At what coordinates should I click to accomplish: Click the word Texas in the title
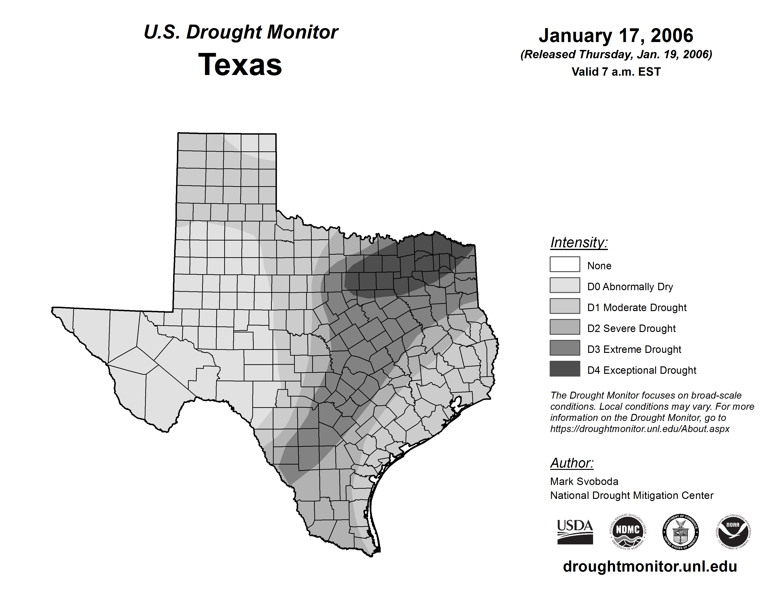240,65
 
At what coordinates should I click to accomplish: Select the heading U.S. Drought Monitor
241,32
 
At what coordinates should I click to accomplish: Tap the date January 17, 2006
616,36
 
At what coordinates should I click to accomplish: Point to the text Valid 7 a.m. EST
616,72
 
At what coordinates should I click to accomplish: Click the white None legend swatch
565,264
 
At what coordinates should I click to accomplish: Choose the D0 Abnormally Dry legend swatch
565,285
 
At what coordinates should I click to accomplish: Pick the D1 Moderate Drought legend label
636,308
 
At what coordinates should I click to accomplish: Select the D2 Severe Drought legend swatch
565,327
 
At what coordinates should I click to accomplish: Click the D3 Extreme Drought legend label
634,349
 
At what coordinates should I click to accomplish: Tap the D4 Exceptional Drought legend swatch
565,369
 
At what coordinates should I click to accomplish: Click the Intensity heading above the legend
579,242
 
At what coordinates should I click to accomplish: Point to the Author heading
572,463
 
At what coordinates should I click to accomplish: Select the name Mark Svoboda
584,481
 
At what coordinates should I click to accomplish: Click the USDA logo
575,532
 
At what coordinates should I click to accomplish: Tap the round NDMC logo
628,532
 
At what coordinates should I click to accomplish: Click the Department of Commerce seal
680,532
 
